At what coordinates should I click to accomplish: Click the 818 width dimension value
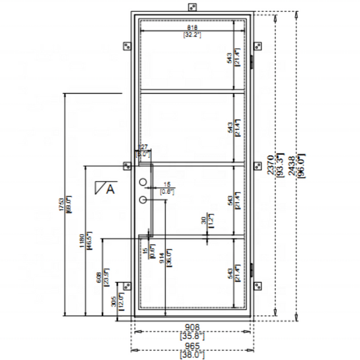click(x=192, y=28)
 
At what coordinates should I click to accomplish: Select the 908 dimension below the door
click(x=192, y=327)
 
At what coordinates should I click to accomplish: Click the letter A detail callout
click(x=110, y=190)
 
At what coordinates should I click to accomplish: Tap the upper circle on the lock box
click(x=143, y=182)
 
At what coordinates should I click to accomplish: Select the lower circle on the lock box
click(x=144, y=199)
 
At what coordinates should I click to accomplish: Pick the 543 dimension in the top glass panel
click(x=230, y=58)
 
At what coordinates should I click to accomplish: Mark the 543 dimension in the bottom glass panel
click(x=230, y=273)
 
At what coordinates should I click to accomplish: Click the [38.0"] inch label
click(x=192, y=355)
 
